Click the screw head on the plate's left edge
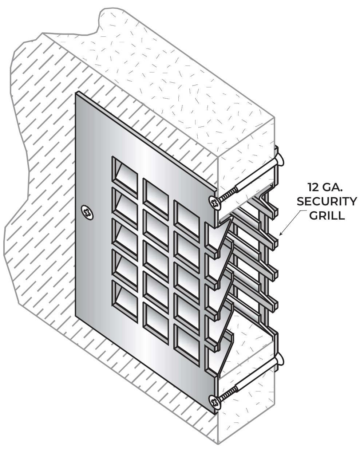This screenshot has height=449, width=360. click(x=87, y=212)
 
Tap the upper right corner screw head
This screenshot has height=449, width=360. click(x=215, y=202)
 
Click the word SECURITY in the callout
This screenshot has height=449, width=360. click(x=327, y=201)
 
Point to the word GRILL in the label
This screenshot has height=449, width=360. click(x=327, y=215)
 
